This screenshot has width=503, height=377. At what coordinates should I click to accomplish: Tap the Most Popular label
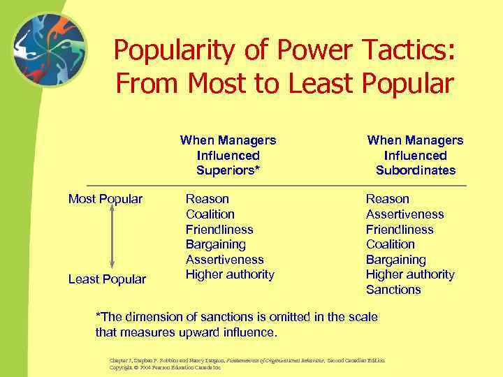pyautogui.click(x=105, y=200)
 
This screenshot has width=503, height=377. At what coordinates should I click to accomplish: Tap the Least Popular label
pyautogui.click(x=107, y=279)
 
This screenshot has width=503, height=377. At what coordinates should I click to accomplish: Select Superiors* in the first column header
pyautogui.click(x=228, y=170)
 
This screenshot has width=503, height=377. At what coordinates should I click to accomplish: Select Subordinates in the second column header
pyautogui.click(x=415, y=170)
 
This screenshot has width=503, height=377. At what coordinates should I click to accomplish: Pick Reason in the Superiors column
pyautogui.click(x=207, y=200)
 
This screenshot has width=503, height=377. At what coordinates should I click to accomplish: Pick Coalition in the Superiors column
pyautogui.click(x=210, y=214)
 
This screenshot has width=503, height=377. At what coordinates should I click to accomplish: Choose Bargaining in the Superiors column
pyautogui.click(x=215, y=244)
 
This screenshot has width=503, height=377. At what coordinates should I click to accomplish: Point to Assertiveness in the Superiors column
pyautogui.click(x=224, y=260)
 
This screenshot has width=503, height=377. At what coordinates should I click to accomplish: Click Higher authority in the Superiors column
pyautogui.click(x=230, y=274)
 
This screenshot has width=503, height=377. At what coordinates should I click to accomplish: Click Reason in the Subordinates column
pyautogui.click(x=388, y=200)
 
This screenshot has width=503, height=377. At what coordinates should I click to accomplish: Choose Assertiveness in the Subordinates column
pyautogui.click(x=404, y=214)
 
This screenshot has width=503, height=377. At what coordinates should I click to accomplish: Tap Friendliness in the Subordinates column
pyautogui.click(x=399, y=230)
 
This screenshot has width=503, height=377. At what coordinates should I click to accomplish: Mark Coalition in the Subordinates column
pyautogui.click(x=390, y=244)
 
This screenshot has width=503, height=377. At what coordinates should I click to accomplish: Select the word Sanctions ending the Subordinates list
pyautogui.click(x=393, y=290)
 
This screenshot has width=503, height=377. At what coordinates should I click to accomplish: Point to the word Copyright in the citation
pyautogui.click(x=123, y=367)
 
